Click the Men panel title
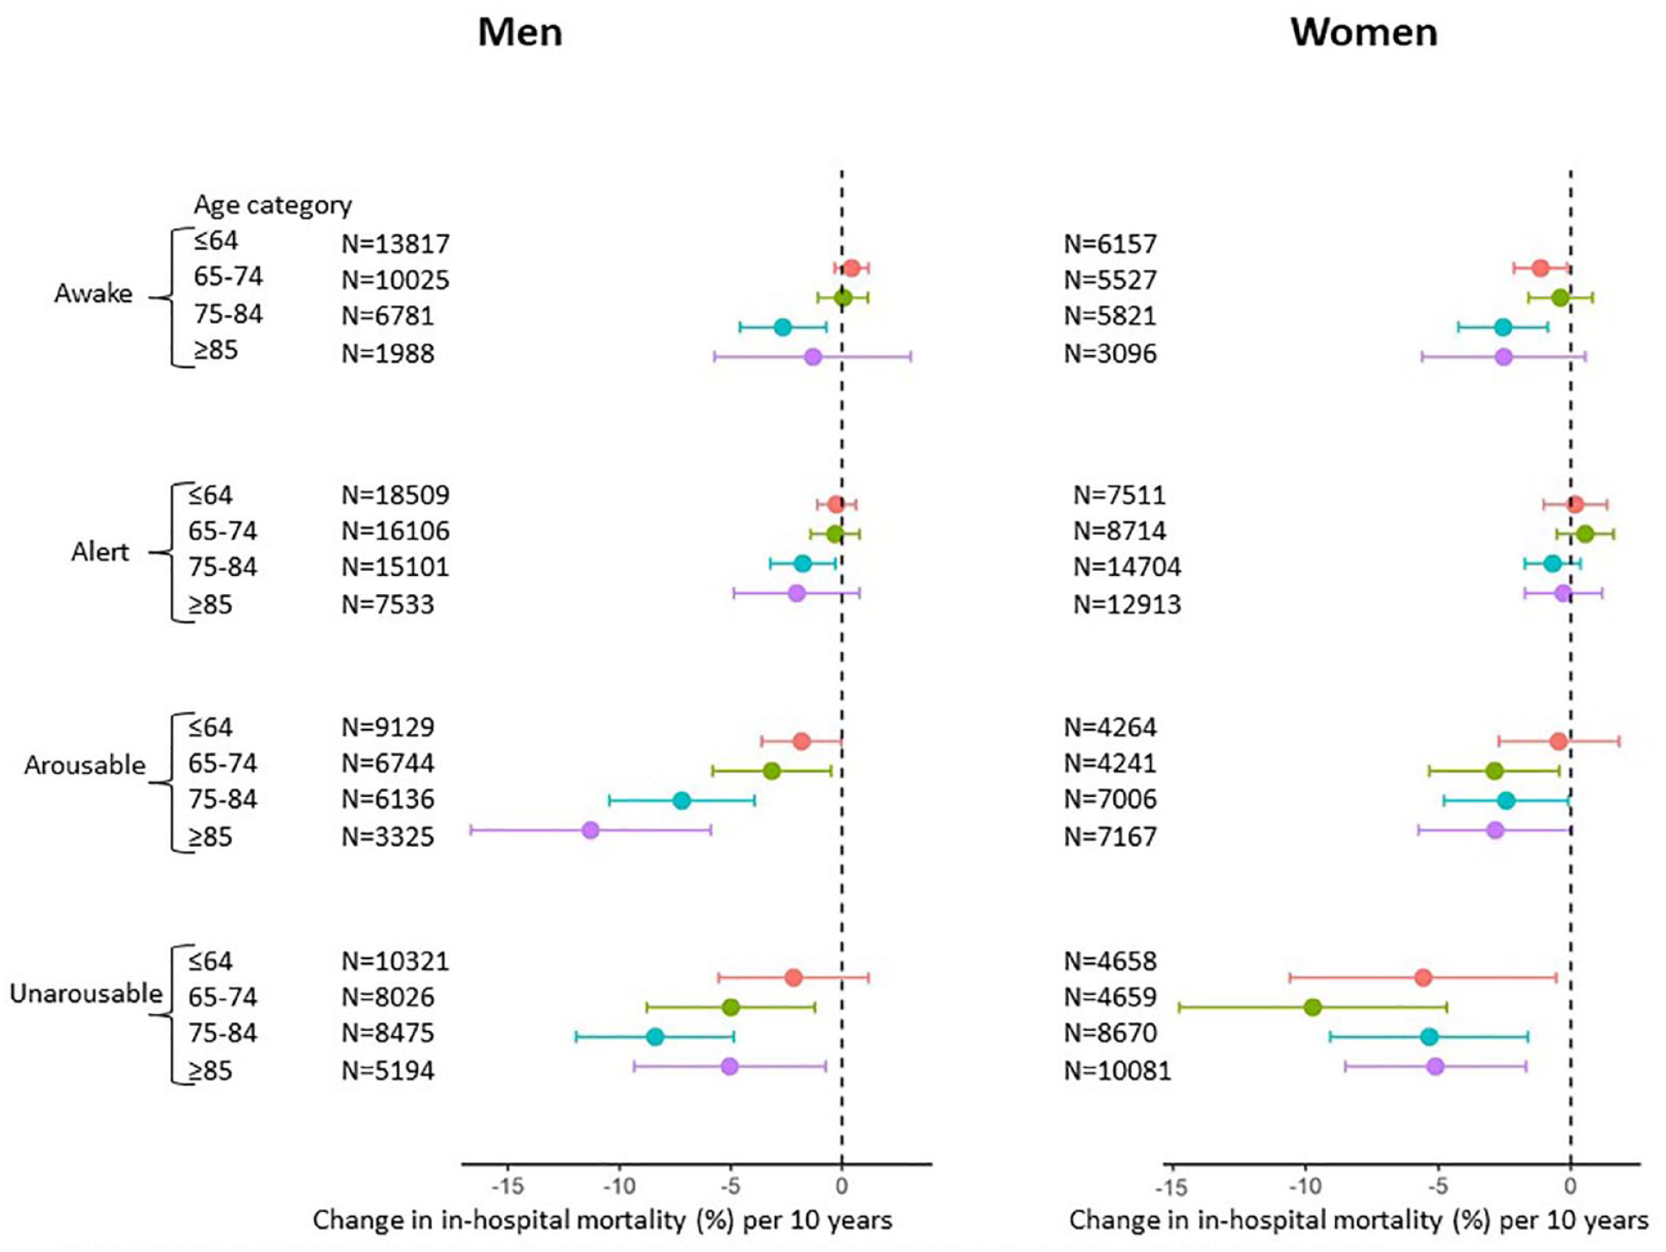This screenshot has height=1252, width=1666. click(x=520, y=32)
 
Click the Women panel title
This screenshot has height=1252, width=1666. click(x=1363, y=32)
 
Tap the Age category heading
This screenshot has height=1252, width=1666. click(x=272, y=205)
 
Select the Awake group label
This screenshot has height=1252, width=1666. click(x=93, y=294)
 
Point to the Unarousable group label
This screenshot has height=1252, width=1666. click(x=85, y=993)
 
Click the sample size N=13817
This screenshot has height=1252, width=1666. click(x=395, y=244)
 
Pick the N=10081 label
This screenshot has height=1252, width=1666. click(x=1117, y=1070)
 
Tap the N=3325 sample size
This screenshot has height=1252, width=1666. click(x=387, y=836)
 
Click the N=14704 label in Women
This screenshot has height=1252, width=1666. click(x=1127, y=567)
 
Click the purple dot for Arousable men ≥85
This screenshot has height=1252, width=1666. click(x=590, y=830)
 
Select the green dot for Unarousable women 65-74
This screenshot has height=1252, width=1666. click(x=1313, y=1007)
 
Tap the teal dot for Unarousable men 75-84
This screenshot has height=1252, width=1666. click(x=655, y=1037)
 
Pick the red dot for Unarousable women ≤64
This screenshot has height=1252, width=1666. click(x=1423, y=977)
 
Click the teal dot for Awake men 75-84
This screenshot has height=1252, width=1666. click(x=782, y=327)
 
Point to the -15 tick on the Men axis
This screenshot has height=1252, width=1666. click(x=508, y=1186)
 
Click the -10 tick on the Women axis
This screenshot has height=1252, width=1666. click(x=1304, y=1186)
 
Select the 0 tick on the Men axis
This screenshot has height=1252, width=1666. click(x=842, y=1186)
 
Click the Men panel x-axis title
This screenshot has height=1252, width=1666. click(x=602, y=1220)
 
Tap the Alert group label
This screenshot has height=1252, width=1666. click(x=100, y=552)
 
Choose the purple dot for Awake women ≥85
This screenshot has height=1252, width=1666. click(x=1504, y=357)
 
